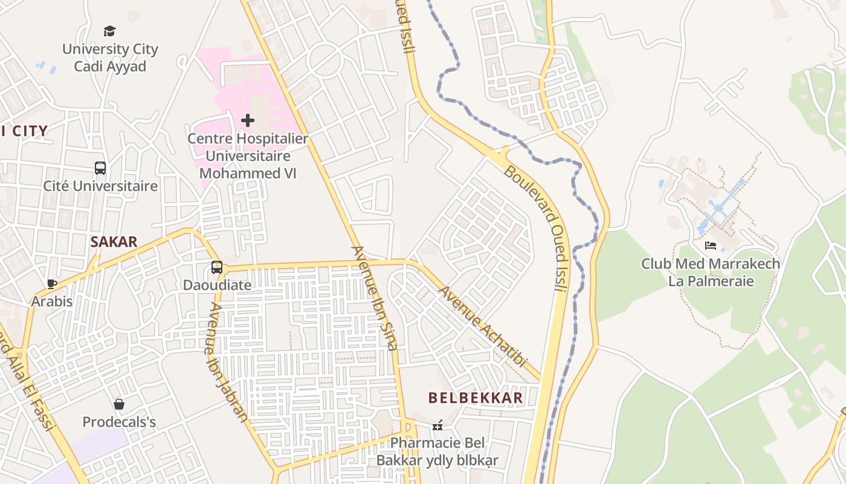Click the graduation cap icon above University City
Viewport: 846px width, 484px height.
click(x=109, y=31)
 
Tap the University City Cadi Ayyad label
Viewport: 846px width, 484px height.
click(x=110, y=58)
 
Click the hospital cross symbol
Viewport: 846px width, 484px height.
click(x=248, y=120)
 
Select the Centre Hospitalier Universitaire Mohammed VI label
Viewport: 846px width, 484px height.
click(x=248, y=155)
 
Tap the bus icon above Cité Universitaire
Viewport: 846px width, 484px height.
click(x=100, y=168)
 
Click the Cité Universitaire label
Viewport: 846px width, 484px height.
click(x=100, y=186)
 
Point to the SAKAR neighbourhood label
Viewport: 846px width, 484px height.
click(x=114, y=242)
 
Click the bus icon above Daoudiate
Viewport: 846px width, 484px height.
click(x=217, y=267)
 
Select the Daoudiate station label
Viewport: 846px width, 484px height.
click(x=217, y=284)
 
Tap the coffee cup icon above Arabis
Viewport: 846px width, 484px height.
click(x=52, y=284)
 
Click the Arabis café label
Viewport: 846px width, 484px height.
click(x=52, y=301)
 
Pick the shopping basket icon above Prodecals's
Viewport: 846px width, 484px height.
click(x=119, y=404)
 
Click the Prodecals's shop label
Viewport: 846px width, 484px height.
click(x=119, y=422)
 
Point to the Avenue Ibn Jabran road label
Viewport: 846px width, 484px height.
click(x=227, y=362)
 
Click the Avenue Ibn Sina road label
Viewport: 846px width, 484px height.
click(x=375, y=298)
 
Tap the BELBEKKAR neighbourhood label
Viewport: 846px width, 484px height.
click(x=476, y=397)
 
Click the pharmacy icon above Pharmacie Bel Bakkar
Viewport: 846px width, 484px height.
click(x=438, y=425)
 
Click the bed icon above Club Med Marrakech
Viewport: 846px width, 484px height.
click(x=711, y=246)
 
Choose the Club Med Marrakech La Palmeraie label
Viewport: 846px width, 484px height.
click(x=711, y=272)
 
